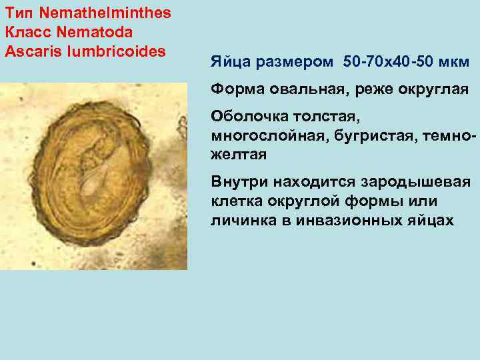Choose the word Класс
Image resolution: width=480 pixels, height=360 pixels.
(x=24, y=31)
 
